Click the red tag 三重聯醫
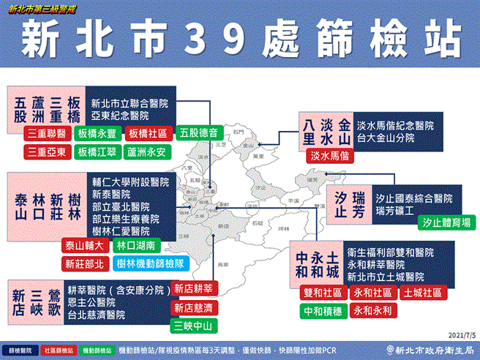48,134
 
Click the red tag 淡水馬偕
329,156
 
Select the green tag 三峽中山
192,326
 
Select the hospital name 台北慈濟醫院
96,315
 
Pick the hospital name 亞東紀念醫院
120,116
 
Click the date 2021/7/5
453,332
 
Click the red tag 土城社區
422,293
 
